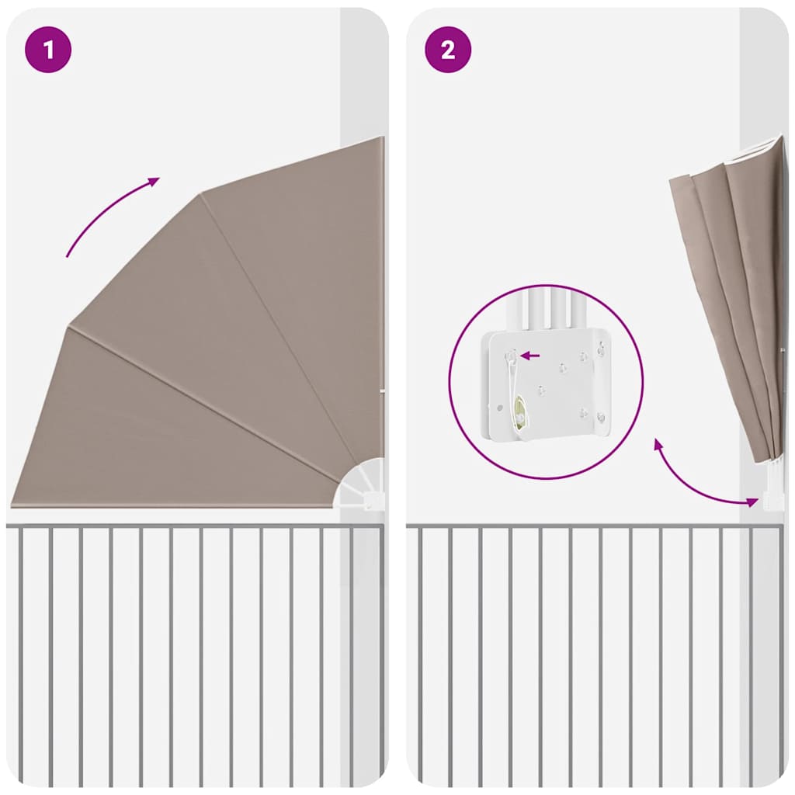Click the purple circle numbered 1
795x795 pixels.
[48, 50]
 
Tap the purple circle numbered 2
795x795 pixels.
[448, 50]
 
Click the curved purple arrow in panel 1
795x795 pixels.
[109, 214]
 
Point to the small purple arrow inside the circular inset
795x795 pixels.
[530, 356]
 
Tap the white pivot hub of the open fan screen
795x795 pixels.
[362, 485]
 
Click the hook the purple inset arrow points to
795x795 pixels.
[511, 356]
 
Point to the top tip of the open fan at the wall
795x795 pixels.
[381, 139]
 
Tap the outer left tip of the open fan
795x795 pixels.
[14, 502]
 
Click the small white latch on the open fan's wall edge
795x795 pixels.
[381, 391]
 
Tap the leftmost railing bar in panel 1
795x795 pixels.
[21, 652]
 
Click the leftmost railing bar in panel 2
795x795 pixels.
[420, 652]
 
